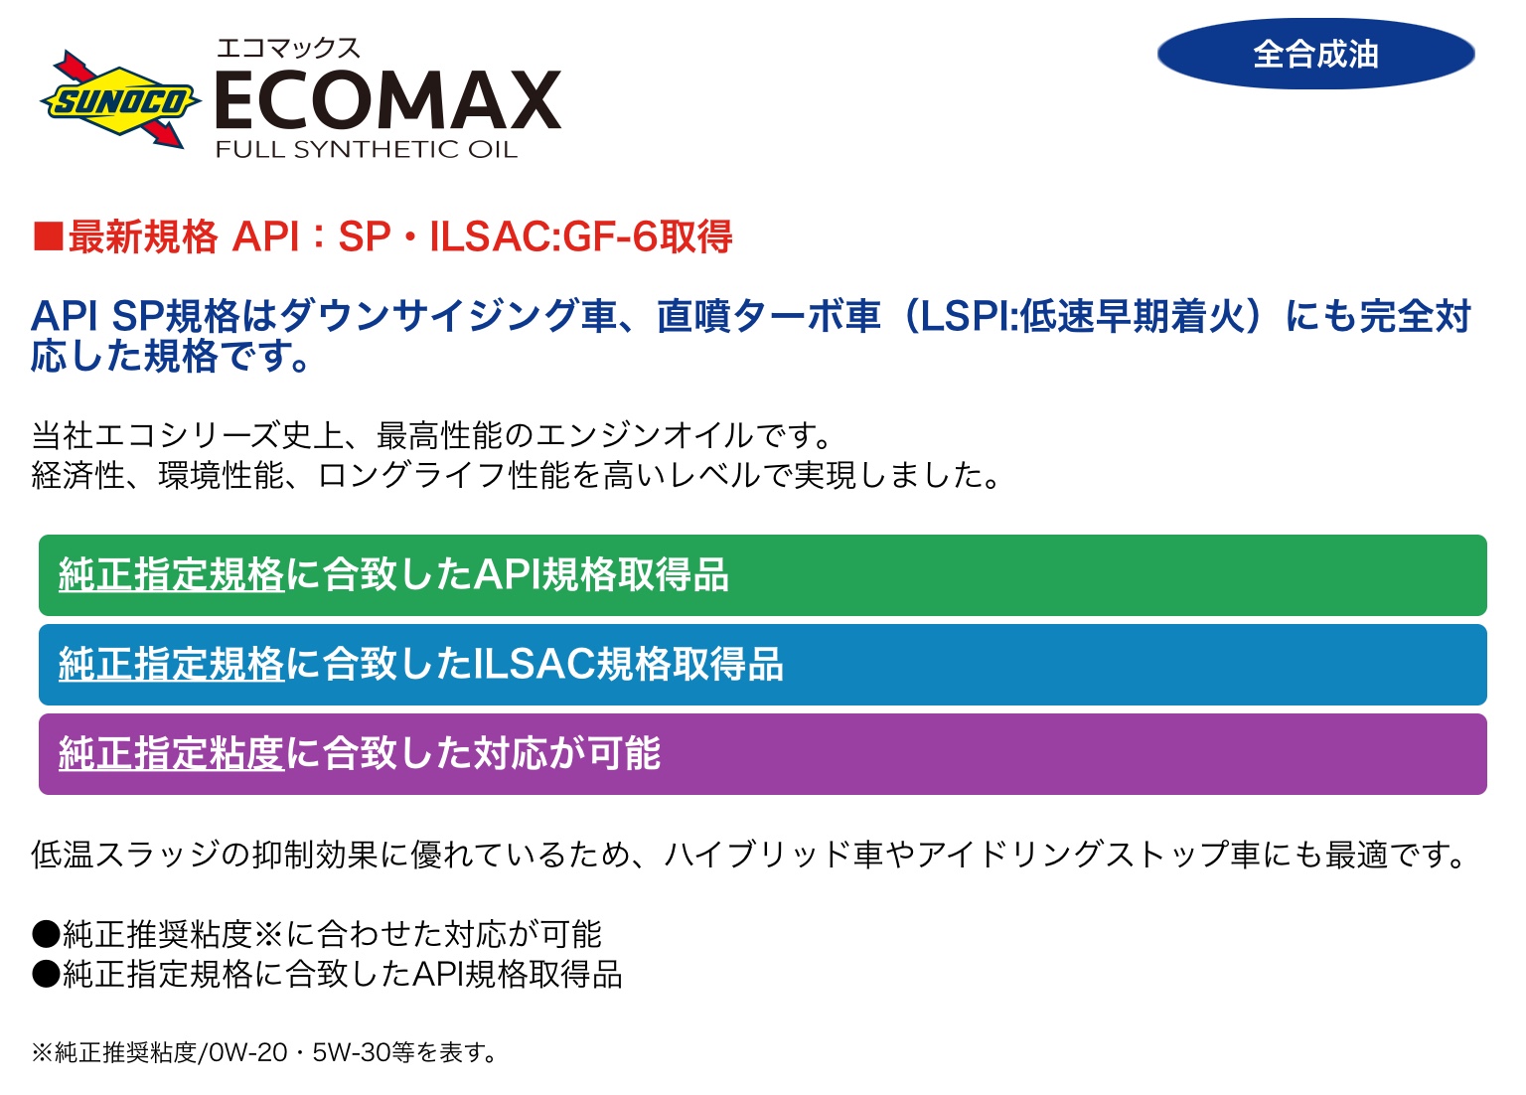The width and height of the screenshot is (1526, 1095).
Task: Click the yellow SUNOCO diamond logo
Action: pyautogui.click(x=120, y=100)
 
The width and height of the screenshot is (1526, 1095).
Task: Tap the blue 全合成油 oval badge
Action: pyautogui.click(x=1315, y=54)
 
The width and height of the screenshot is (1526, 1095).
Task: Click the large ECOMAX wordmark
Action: pyautogui.click(x=388, y=100)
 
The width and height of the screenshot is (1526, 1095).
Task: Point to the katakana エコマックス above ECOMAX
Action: pyautogui.click(x=287, y=49)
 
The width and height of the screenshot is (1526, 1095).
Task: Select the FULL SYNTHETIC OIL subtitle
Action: pyautogui.click(x=367, y=149)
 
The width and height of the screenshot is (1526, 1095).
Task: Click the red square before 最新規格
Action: pyautogui.click(x=49, y=236)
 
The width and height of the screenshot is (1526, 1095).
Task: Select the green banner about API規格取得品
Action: pyautogui.click(x=763, y=575)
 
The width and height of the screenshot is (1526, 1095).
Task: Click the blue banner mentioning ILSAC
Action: pyautogui.click(x=763, y=665)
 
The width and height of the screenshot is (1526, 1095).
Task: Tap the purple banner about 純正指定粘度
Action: pyautogui.click(x=763, y=753)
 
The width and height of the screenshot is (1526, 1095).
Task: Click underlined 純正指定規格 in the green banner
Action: pyautogui.click(x=171, y=574)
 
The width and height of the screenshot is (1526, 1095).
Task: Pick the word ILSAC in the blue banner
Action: pyautogui.click(x=534, y=665)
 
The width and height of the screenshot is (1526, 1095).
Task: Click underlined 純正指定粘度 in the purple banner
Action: pyautogui.click(x=171, y=753)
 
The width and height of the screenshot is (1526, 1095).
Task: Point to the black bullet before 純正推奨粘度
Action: pyautogui.click(x=47, y=934)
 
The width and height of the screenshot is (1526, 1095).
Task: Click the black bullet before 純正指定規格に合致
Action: pyautogui.click(x=47, y=975)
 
